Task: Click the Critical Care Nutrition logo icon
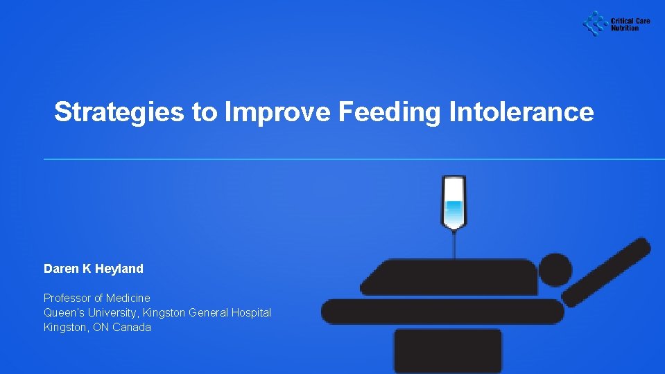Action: tap(594, 24)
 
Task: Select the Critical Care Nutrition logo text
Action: tap(630, 24)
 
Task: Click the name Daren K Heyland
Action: tap(94, 268)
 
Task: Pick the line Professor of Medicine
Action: tap(97, 298)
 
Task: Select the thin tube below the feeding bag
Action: tap(454, 244)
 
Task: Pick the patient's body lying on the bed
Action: tap(451, 277)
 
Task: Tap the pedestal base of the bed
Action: tap(447, 350)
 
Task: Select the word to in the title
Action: tap(205, 112)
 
